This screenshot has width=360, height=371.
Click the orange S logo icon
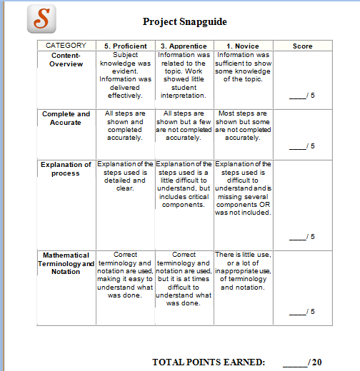point(41,19)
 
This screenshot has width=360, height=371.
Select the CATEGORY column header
point(66,46)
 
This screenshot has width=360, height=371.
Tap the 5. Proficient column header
point(125,46)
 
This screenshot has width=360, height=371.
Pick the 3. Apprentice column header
point(184,46)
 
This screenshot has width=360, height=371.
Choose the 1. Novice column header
point(243,46)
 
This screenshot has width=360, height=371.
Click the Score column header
point(302,46)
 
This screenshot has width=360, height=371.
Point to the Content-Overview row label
point(66,59)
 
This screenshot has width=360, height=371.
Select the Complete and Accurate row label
point(66,118)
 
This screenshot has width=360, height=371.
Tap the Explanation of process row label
point(66,168)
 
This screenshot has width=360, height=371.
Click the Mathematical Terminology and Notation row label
point(66,263)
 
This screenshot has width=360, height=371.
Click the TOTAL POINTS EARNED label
point(209,362)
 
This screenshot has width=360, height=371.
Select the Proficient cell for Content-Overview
point(125,74)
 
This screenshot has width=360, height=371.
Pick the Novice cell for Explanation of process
point(243,188)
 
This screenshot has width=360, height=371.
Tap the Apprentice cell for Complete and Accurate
point(184,125)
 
